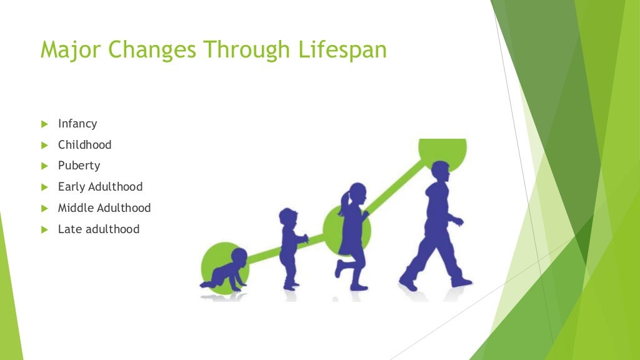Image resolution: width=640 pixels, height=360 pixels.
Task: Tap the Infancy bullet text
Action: coord(77,124)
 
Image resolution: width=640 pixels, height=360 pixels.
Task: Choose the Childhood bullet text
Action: coord(84,145)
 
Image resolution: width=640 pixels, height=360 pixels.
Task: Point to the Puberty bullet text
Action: coord(79,166)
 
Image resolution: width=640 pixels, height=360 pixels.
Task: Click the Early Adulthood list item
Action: coord(100,187)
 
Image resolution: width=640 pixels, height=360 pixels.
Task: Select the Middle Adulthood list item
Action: coord(104,207)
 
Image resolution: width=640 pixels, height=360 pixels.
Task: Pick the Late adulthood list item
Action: coord(98,229)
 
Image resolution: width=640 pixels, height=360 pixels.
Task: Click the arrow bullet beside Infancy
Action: coord(44,124)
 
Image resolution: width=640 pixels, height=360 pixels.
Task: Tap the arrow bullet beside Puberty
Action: coord(44,166)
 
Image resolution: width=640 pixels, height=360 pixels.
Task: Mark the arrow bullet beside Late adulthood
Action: coord(44,229)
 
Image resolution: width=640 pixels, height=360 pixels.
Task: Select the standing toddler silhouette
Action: coord(290,247)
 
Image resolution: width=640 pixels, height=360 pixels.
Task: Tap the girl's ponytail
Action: coord(343,203)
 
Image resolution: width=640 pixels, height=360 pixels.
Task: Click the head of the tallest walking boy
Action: coord(440,172)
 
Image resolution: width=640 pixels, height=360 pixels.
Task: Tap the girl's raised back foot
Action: coord(338,269)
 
